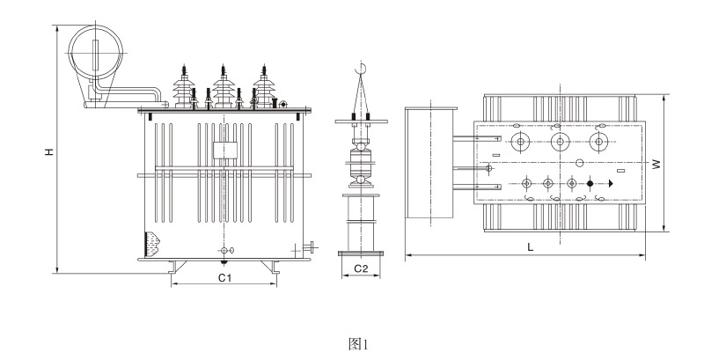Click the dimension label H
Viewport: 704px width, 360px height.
(50, 152)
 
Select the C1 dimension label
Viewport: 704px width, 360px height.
(224, 277)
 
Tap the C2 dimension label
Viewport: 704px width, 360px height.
(360, 268)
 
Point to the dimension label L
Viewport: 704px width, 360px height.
(530, 248)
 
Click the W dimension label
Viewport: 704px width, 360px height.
(656, 164)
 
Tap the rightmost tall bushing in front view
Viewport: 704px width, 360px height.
(261, 85)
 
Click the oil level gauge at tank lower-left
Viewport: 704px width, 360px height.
(151, 241)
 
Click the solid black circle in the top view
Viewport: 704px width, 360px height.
(590, 183)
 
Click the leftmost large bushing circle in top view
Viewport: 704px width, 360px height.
(521, 141)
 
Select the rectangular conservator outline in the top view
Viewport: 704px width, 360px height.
(430, 164)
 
